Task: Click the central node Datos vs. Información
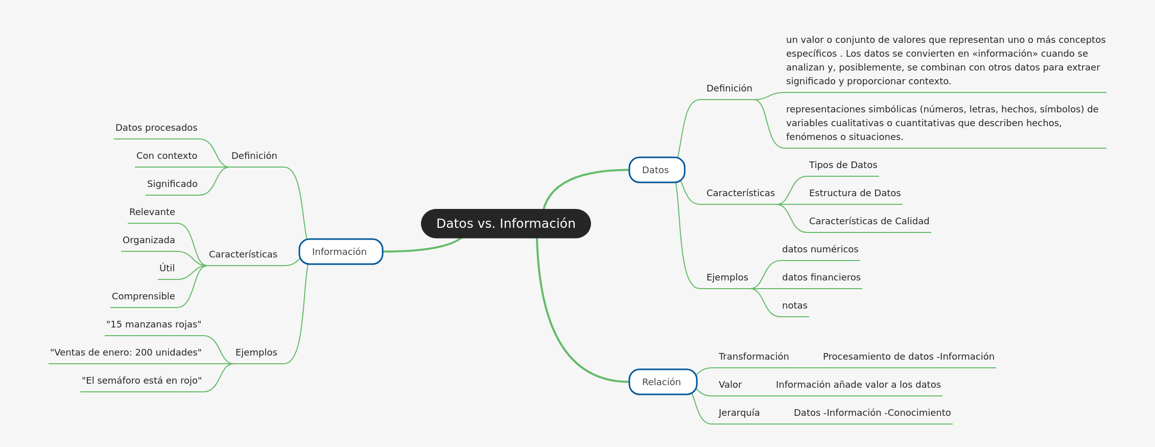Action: click(x=506, y=224)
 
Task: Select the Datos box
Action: click(x=656, y=170)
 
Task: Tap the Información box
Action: click(x=340, y=252)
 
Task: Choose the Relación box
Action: click(x=663, y=382)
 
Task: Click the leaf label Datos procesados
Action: click(x=156, y=128)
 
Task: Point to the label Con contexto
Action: click(x=167, y=156)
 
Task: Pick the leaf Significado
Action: click(x=172, y=184)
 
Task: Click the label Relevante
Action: click(x=152, y=212)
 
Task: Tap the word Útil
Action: click(x=167, y=268)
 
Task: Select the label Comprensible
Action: click(x=144, y=296)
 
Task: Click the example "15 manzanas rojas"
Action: click(x=154, y=324)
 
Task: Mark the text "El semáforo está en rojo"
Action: click(x=142, y=381)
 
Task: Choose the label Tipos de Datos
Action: click(x=843, y=165)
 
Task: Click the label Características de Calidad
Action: click(x=869, y=221)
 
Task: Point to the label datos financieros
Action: click(x=821, y=277)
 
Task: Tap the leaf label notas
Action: click(x=794, y=305)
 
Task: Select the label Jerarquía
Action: click(x=739, y=413)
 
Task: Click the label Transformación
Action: click(x=753, y=357)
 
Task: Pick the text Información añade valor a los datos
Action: click(x=858, y=385)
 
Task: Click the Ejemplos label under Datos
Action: click(x=727, y=277)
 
